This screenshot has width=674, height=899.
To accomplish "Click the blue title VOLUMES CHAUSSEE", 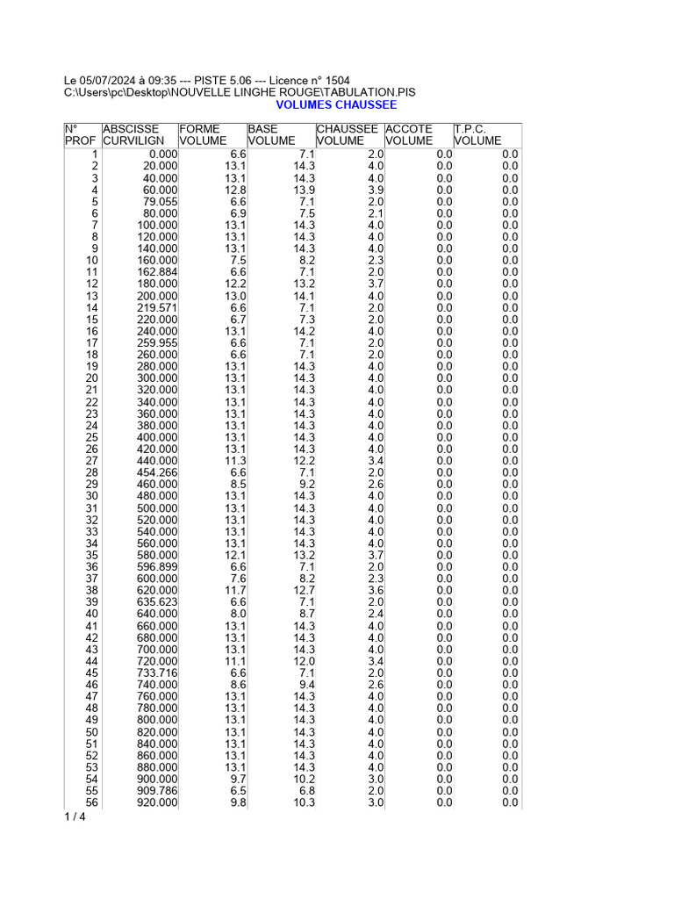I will click(336, 104).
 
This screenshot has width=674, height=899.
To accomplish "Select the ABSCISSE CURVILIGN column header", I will click(133, 134).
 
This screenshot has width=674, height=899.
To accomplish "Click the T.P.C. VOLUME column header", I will click(477, 134).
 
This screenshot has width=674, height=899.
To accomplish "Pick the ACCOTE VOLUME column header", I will click(409, 134).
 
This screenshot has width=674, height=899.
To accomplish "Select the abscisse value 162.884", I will click(156, 272).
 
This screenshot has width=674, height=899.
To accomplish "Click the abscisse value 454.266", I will click(156, 472).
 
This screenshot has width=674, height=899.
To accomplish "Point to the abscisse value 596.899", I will click(156, 567).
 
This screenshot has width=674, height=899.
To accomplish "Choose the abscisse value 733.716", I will click(156, 673).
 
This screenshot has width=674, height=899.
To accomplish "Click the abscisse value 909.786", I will click(156, 791).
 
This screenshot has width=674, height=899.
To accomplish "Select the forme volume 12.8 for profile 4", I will click(235, 190).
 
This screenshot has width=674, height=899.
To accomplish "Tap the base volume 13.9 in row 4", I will click(304, 190).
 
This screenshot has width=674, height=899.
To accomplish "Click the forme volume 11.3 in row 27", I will click(235, 461).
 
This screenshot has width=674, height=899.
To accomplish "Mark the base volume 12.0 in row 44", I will click(304, 661).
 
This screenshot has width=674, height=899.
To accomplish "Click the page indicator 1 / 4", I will click(75, 817).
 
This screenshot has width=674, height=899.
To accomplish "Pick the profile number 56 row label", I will click(91, 802).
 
